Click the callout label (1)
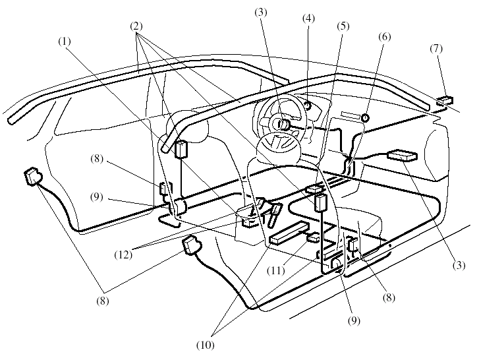pos(64,41)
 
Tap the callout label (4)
pos(308,18)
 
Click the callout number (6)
pos(384,38)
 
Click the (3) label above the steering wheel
pos(261,13)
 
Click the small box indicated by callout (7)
pos(445,101)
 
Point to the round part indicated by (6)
pos(364,118)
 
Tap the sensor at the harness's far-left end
pos(33,177)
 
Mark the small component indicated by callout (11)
pos(313,237)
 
